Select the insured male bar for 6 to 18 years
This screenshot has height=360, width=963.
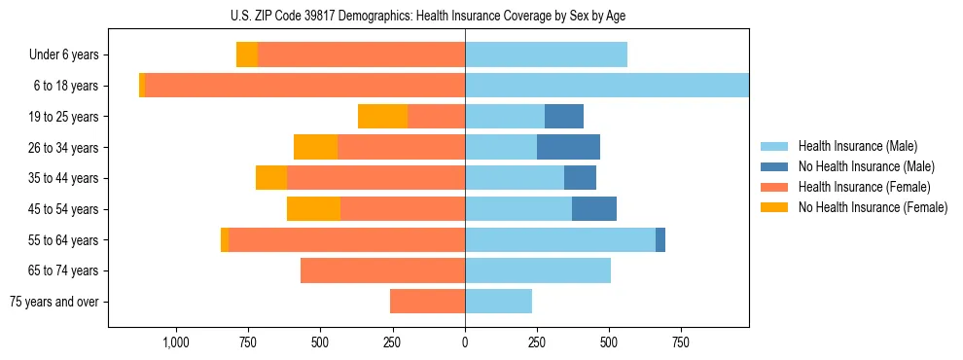pos(607,86)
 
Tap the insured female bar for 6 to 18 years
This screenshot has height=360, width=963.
pos(304,86)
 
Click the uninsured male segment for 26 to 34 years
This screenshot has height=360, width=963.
pos(568,147)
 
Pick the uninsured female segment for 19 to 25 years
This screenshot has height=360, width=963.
pos(382,117)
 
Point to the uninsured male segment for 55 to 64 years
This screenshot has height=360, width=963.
pos(660,239)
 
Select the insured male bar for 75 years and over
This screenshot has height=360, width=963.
pos(498,302)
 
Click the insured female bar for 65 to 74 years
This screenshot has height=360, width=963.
pos(382,270)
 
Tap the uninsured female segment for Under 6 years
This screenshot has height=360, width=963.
pos(247,55)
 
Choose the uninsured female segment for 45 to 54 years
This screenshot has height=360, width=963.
pos(313,209)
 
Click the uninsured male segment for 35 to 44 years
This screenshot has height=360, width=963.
pos(580,178)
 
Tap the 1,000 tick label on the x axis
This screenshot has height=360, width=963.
pos(176,342)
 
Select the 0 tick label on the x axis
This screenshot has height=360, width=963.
pos(465,342)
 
